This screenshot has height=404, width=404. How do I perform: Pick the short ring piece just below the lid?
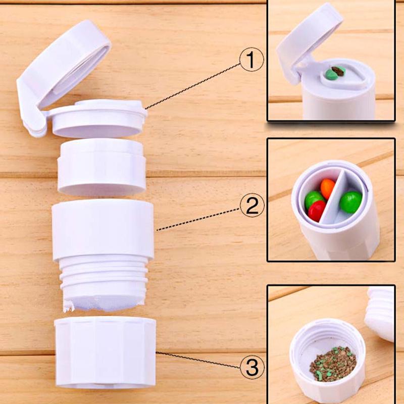(102, 167)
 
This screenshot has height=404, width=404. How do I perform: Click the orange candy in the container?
(328, 188)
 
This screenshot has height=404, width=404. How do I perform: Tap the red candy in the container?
(317, 210)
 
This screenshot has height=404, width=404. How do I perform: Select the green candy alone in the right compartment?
(350, 201)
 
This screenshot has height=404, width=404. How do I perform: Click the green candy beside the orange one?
(314, 198)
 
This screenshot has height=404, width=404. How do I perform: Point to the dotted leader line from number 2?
(197, 217)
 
